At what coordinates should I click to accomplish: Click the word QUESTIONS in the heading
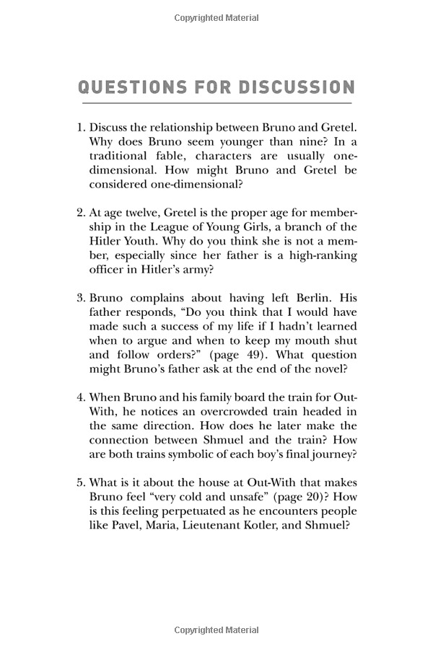[x=127, y=88]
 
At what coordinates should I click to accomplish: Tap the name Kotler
[x=252, y=526]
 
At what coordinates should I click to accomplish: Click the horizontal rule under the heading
[x=216, y=105]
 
